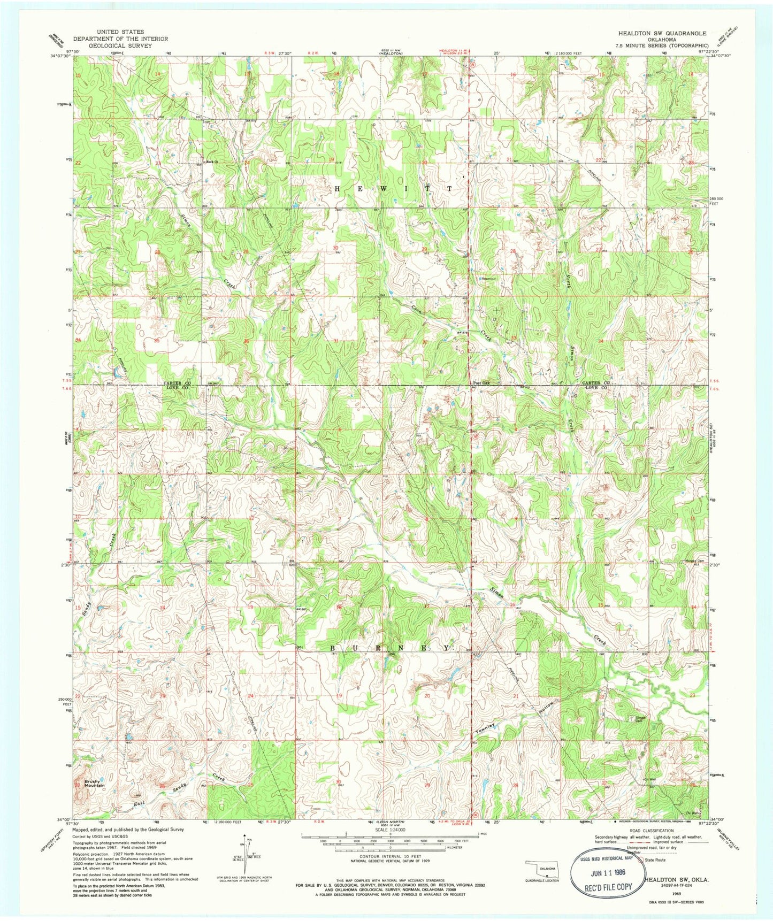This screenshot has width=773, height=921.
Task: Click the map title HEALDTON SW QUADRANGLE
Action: click(x=662, y=33)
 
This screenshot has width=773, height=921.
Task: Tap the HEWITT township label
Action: click(x=393, y=189)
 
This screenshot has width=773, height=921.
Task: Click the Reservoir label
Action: click(x=488, y=278)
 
